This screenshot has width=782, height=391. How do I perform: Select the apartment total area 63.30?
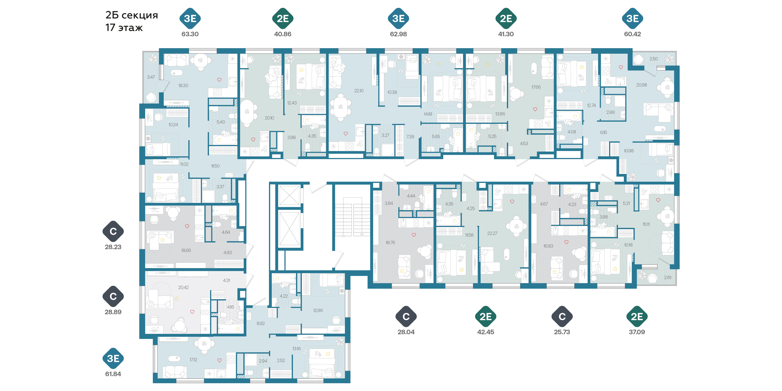coord(190,34)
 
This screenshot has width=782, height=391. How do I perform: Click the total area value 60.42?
coord(632,34)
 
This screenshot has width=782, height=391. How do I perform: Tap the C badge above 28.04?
coord(406,317)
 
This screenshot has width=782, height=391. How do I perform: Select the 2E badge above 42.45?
coord(485,317)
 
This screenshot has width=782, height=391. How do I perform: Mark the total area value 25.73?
coord(562,332)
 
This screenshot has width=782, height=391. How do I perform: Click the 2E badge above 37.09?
coord(637,317)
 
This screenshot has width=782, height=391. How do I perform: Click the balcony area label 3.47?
coord(151,77)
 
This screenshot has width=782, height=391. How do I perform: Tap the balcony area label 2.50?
coord(654,59)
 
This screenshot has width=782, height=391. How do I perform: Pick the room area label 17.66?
coord(536,87)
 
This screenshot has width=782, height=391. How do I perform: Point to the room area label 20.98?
coord(641,85)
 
